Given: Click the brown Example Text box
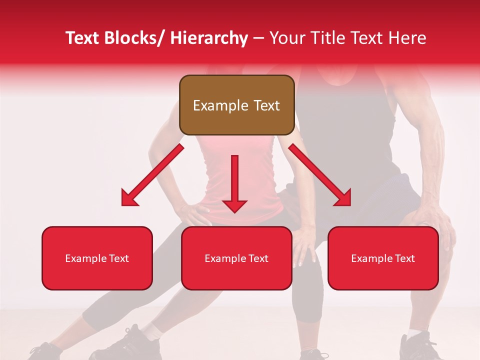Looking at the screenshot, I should [236, 105].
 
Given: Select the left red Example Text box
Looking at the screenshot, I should [97, 258].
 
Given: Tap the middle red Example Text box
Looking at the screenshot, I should [236, 258].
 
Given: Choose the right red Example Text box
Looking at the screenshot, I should [383, 258].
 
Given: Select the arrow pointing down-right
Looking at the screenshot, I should [320, 175].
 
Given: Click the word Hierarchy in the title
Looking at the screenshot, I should [209, 38].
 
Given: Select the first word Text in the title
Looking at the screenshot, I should [83, 38].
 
